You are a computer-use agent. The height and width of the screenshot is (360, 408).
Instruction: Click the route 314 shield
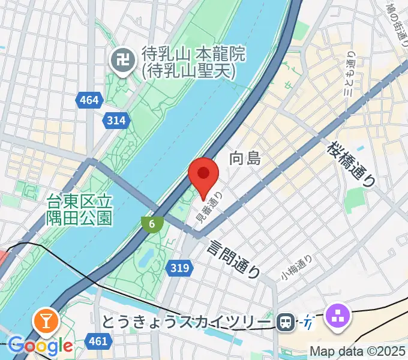(116, 121)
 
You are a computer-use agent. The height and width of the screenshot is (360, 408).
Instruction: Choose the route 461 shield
(97, 341)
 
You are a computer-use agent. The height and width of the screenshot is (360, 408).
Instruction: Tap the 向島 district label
(245, 159)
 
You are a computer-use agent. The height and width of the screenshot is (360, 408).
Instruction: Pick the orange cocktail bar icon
(46, 321)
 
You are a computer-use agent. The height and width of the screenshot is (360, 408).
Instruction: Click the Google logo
(41, 345)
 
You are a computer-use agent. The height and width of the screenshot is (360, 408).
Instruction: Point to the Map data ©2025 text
(358, 351)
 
